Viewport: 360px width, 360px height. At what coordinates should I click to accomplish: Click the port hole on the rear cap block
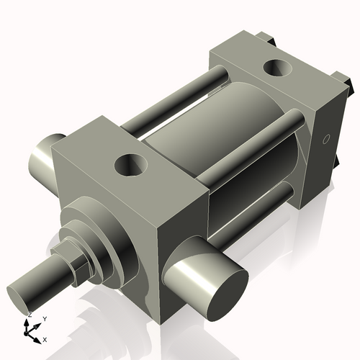click(x=277, y=69)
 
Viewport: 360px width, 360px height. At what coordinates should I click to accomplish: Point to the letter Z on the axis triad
click(x=30, y=315)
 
